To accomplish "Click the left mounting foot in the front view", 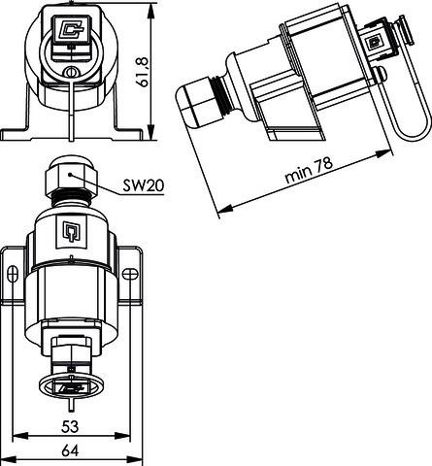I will click(19, 127).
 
